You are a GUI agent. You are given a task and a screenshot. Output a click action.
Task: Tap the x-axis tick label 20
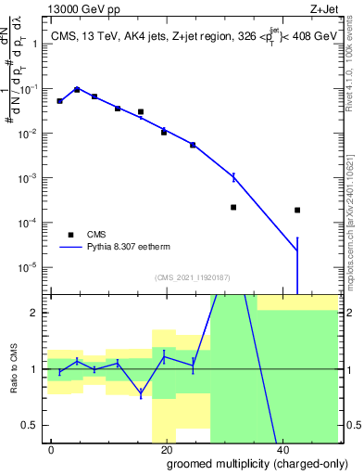coord(165,449)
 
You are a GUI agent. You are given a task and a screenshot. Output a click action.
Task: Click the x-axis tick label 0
coord(52,449)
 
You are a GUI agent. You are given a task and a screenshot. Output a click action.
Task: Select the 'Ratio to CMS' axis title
coord(15,368)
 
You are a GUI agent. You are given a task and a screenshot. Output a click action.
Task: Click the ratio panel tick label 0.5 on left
coord(35,425)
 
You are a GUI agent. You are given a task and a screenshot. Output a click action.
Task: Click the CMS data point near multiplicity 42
coord(296,210)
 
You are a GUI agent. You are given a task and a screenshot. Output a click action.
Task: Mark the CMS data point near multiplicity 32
coord(233,207)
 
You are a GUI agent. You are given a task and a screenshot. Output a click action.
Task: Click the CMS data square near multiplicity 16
coord(141,112)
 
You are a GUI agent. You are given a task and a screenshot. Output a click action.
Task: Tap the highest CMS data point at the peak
coord(77,89)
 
